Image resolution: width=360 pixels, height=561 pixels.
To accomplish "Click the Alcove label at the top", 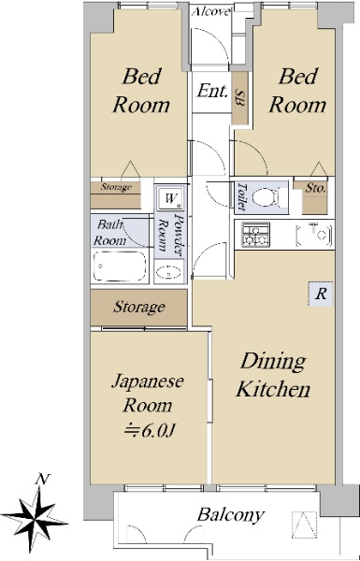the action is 210,12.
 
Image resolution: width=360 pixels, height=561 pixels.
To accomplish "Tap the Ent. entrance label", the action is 212,91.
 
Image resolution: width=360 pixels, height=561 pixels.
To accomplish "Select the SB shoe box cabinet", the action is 239,98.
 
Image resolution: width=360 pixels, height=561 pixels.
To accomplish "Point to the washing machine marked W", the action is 170,197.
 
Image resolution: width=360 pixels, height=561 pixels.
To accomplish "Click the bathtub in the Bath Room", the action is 120,266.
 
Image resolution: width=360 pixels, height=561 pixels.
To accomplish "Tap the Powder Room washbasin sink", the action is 169,272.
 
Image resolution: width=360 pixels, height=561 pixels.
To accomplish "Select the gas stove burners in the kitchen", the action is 256,235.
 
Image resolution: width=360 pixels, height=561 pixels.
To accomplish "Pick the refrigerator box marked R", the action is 321,295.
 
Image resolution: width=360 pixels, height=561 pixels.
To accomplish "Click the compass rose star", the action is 35,516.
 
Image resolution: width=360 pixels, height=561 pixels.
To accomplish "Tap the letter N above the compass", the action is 43,479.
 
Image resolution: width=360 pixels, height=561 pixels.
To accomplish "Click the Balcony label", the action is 231,515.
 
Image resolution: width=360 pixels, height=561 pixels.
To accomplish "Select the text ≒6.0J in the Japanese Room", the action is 149,431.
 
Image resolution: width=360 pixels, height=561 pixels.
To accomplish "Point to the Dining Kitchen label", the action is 273,375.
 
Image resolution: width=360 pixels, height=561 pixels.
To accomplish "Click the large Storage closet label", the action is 138,307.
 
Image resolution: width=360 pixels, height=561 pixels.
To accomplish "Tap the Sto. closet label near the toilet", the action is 315,188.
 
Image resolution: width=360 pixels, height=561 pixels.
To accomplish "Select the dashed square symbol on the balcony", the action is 304,525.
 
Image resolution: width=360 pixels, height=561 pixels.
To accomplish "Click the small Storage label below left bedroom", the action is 116,187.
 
